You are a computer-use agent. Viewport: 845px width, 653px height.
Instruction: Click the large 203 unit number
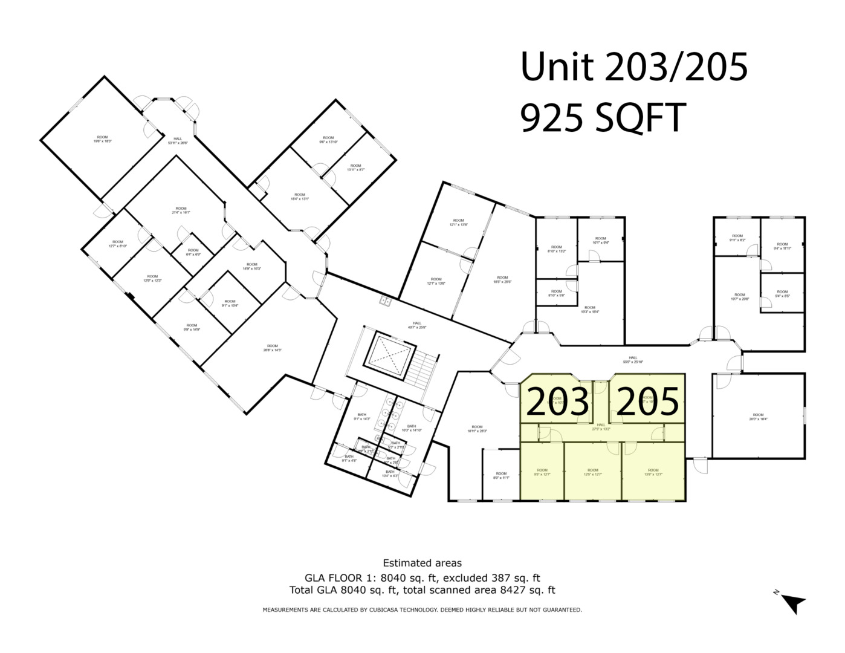coord(557,402)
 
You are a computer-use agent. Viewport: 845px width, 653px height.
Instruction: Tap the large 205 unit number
coord(647,402)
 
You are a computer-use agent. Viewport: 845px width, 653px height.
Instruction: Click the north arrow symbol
coord(794,603)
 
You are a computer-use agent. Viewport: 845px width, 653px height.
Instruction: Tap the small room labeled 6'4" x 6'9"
coord(193,252)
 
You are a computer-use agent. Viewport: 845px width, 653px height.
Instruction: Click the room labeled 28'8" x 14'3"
coord(273,348)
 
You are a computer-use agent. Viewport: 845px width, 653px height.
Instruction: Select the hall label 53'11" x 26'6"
coord(178,141)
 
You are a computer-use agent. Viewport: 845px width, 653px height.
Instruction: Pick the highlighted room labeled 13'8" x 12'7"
coord(653,472)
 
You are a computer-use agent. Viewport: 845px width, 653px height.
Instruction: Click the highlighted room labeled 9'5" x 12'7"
coord(542,472)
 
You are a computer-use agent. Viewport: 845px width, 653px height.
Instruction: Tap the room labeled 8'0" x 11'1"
coord(501,475)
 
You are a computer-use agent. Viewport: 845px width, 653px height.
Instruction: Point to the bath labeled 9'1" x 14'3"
coord(362,417)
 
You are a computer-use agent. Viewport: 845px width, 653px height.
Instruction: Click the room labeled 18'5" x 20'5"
coord(502,279)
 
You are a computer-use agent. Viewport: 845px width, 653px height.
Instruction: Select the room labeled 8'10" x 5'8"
coord(556,293)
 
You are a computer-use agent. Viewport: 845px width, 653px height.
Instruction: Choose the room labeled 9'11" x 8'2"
coord(737,238)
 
